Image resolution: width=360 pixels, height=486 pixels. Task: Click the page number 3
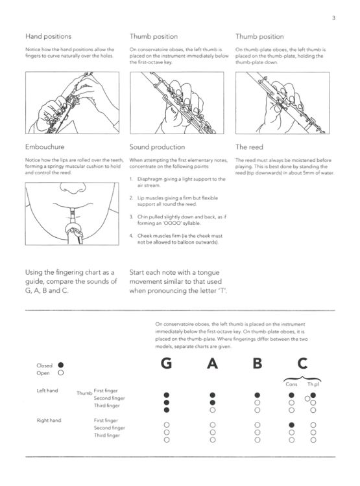333,17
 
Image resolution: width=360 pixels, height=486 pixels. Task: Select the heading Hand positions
48,36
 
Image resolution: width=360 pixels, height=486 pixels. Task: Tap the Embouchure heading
45,147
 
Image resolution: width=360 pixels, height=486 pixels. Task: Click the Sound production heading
157,147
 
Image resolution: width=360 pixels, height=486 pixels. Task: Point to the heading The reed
249,147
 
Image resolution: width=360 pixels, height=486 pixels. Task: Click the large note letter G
167,364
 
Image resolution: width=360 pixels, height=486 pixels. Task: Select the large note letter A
211,364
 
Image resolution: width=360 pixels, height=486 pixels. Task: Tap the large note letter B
258,364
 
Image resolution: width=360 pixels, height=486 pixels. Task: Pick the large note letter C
302,364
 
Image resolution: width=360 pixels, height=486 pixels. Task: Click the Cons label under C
291,384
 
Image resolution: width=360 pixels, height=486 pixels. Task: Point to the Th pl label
313,384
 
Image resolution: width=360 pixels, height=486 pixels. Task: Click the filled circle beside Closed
60,365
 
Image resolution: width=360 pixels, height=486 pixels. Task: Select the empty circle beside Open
60,373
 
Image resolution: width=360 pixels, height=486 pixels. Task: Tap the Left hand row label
48,391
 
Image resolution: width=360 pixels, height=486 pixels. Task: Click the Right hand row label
49,421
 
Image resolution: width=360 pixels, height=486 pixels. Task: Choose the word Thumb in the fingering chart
84,393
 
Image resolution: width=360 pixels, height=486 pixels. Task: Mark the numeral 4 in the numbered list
131,236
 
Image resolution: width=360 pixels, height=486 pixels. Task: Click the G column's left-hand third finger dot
167,410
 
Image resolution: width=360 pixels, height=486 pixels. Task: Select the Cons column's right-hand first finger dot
292,424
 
